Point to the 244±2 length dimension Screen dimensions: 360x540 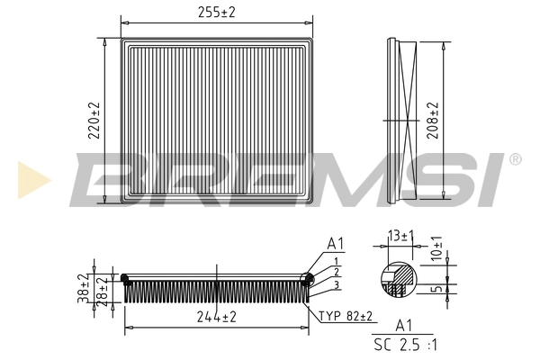coord(216,317)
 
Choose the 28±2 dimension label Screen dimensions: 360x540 coord(103,290)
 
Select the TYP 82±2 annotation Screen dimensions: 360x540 coord(346,317)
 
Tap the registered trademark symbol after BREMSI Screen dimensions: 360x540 coord(514,159)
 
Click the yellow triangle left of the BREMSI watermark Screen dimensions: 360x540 coord(31,179)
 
